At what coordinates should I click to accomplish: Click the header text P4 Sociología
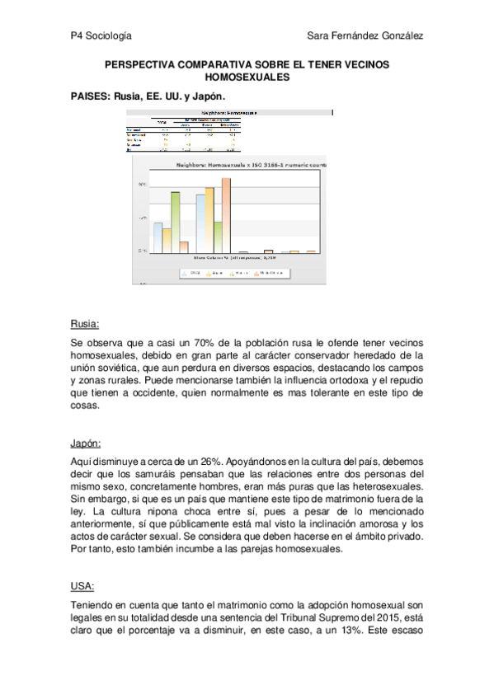(101, 35)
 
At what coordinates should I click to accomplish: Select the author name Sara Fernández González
(365, 35)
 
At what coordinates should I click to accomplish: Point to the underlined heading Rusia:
(85, 323)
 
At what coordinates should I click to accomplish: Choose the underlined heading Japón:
(88, 443)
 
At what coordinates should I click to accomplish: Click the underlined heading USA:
(83, 586)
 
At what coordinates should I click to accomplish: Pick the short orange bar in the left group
(185, 246)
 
